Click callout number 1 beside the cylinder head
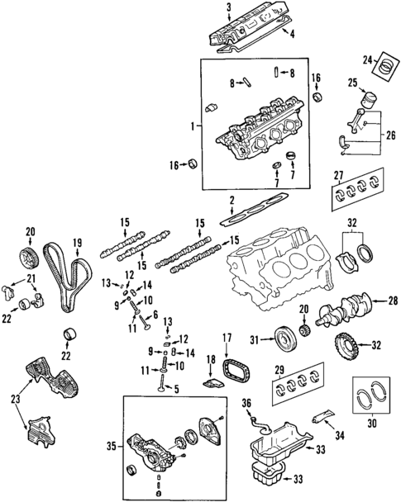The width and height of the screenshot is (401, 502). tap(192, 126)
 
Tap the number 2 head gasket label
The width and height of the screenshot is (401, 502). tap(232, 200)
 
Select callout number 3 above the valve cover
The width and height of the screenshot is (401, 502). tap(227, 7)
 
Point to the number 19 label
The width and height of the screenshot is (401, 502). tap(77, 242)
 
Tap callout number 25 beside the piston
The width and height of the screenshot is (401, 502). tap(352, 83)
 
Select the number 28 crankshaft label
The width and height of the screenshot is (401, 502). tap(392, 300)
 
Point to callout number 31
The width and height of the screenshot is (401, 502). tap(255, 337)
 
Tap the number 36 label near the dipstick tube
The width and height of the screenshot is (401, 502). tap(246, 402)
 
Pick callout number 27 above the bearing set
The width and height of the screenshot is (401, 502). tap(338, 174)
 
